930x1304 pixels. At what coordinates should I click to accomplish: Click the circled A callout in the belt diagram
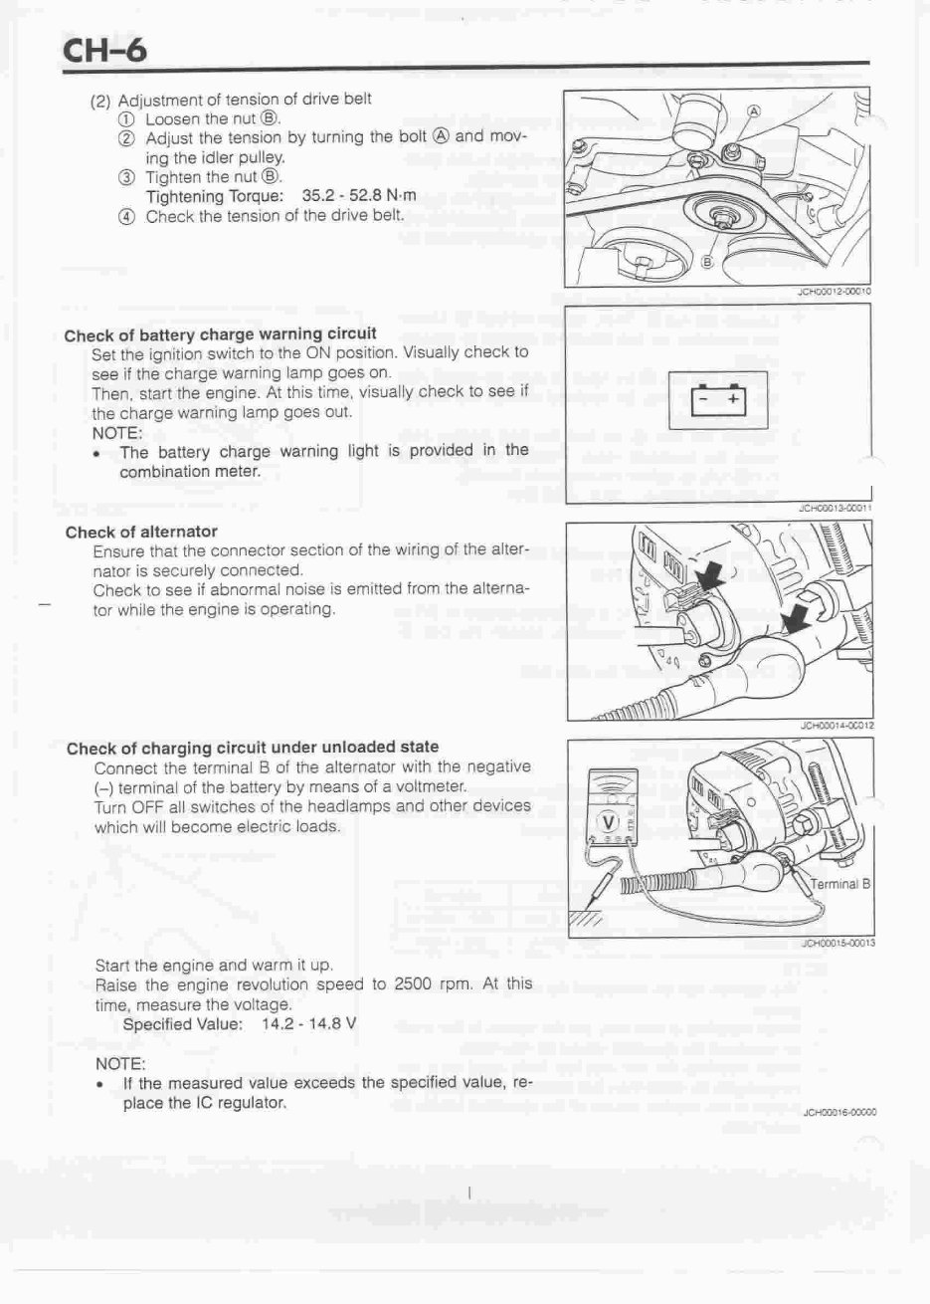pos(753,110)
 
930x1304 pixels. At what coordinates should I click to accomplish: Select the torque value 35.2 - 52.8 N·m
pos(358,196)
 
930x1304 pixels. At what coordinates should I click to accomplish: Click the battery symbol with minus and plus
pos(719,397)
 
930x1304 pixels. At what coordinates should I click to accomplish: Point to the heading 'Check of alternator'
pos(141,533)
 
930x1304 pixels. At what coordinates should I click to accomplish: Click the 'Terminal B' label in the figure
pos(840,884)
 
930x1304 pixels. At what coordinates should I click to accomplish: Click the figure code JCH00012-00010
pos(834,292)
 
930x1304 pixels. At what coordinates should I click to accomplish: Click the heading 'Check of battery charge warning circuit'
pos(220,334)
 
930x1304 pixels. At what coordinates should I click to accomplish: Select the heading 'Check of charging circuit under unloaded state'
pos(253,748)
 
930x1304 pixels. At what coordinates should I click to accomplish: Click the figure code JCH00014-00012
pos(836,726)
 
